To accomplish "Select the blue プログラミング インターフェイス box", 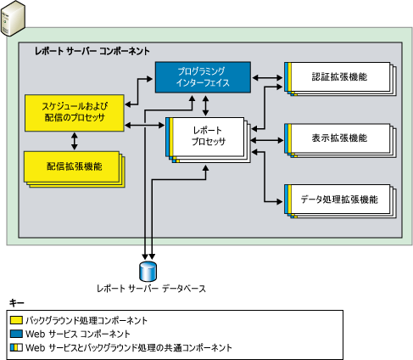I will coord(203,76).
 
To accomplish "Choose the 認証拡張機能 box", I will coord(338,78).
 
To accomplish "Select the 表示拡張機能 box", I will coord(338,138).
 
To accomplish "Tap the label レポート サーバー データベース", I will coord(151,289).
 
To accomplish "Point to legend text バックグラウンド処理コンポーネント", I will coord(87,321).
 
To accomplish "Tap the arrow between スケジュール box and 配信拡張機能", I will coord(75,139).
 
